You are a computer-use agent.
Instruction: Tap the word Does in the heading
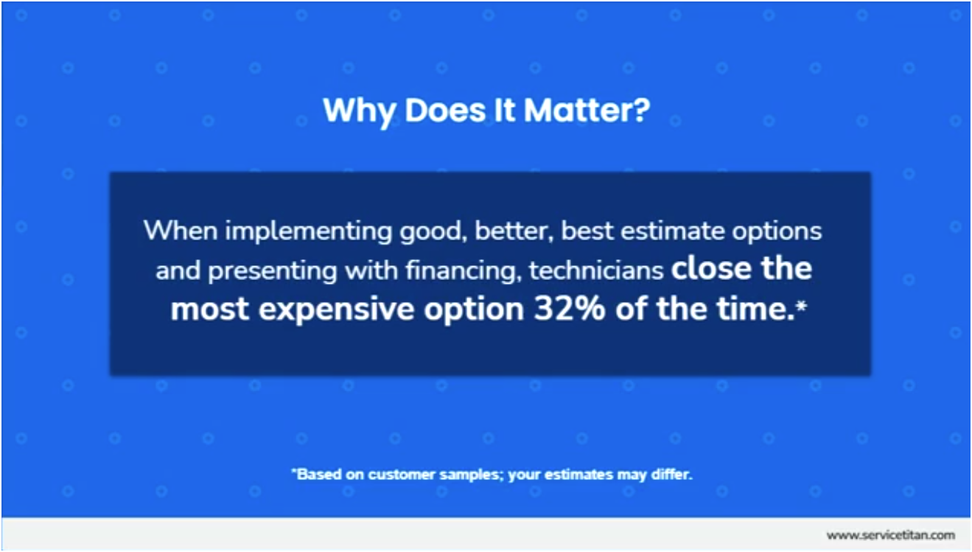point(445,111)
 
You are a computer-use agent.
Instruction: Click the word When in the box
point(181,230)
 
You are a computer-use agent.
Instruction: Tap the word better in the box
point(514,231)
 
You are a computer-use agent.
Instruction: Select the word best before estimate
point(587,230)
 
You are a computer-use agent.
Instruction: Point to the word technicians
point(596,270)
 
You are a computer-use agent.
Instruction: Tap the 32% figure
point(570,309)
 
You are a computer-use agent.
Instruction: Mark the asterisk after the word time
point(801,306)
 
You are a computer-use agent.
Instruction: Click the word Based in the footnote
point(319,475)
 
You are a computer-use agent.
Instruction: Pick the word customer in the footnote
point(402,475)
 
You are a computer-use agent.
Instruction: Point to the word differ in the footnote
point(672,475)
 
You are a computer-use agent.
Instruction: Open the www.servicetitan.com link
point(890,536)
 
